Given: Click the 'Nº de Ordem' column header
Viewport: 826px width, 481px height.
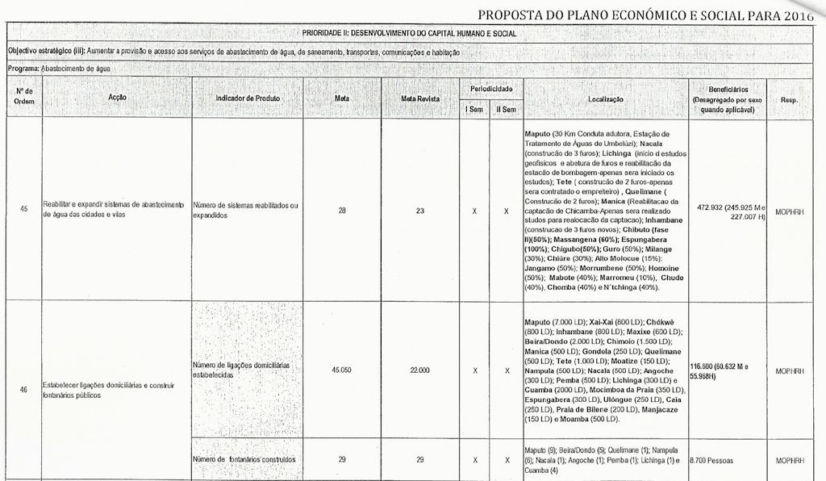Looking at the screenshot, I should coord(23,97).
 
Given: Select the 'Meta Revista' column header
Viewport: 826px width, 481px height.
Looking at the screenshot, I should coord(420,98).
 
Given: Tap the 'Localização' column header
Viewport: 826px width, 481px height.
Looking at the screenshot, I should coord(606,98).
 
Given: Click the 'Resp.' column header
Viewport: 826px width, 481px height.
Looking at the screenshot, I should coord(790,98).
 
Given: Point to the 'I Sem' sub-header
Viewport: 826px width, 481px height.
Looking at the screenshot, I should coord(473,109).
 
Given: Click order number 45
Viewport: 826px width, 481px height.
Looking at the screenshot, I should coord(23,209).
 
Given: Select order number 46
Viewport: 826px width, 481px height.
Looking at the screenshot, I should coord(23,390).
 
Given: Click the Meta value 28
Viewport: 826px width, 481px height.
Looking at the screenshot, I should coord(342,210).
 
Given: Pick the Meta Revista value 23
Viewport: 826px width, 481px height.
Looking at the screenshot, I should coord(420,210).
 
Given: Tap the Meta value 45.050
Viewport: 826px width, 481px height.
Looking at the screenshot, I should coord(342,370).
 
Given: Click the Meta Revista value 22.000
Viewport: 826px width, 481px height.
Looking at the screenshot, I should coord(420,370).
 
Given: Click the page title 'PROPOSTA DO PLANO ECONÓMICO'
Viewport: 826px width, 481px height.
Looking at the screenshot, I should coord(645,14).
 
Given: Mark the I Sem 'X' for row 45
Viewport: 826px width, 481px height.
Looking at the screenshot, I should coord(474,210).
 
